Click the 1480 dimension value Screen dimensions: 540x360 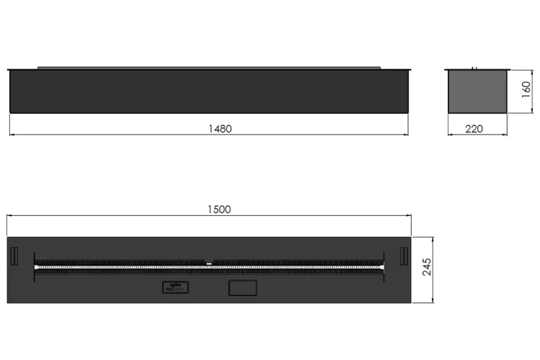click(220, 129)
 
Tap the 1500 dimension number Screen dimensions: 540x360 click(220, 210)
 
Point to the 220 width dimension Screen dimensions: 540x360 click(474, 129)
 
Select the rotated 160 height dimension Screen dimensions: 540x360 click(526, 89)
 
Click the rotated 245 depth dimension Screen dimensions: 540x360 click(427, 267)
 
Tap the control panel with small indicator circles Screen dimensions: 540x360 click(175, 287)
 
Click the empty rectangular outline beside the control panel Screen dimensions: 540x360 click(243, 288)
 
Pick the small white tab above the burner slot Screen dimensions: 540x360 click(209, 264)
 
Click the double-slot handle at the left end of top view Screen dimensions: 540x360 click(14, 256)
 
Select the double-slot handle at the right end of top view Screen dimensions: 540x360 click(404, 256)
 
